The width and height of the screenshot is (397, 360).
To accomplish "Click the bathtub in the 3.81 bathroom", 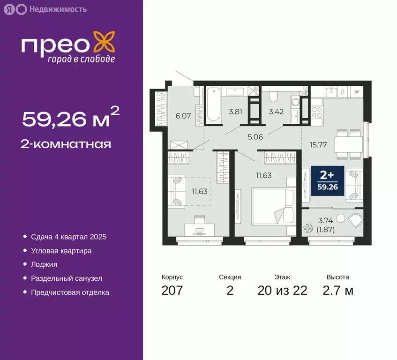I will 214,104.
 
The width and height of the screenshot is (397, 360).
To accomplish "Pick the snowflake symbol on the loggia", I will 309,229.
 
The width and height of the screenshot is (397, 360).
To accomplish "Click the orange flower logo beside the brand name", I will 103,43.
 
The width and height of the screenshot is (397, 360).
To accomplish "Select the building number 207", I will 172,291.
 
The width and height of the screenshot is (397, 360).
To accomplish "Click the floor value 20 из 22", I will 282,291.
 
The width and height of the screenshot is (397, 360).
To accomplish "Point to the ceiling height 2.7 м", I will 337,291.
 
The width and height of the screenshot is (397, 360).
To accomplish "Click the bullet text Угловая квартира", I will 61,251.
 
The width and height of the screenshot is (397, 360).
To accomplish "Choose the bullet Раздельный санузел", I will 67,278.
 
